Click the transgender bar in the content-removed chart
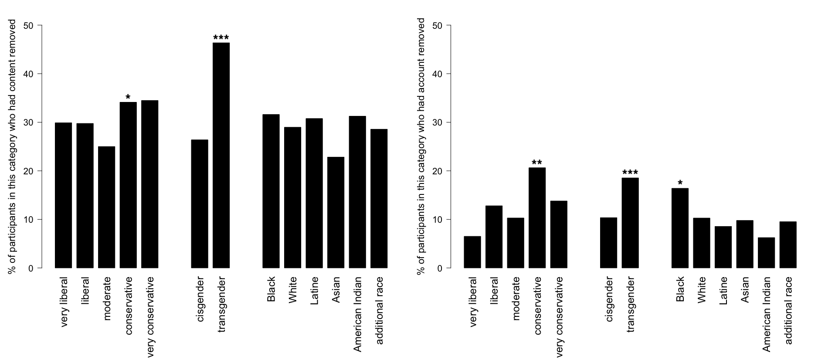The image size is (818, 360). (x=221, y=155)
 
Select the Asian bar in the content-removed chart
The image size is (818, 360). (x=336, y=212)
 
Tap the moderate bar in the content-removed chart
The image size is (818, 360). (x=106, y=207)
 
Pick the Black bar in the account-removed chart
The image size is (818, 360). (x=680, y=228)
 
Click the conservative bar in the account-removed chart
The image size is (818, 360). (x=537, y=218)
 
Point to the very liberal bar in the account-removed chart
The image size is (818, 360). (x=472, y=252)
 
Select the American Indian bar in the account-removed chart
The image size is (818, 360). (x=766, y=253)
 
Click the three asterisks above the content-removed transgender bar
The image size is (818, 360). (x=221, y=38)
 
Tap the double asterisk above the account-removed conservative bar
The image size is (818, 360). (x=537, y=163)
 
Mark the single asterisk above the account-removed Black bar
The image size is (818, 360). (x=680, y=183)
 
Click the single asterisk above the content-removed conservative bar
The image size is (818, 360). (x=128, y=97)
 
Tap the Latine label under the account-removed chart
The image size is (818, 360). (x=723, y=291)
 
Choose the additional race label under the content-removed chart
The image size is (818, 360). (x=379, y=310)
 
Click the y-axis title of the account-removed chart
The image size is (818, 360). (x=421, y=146)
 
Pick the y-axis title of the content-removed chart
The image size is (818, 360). (x=12, y=146)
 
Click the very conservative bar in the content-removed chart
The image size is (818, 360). (x=149, y=184)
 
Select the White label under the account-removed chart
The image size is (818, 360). (x=702, y=290)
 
